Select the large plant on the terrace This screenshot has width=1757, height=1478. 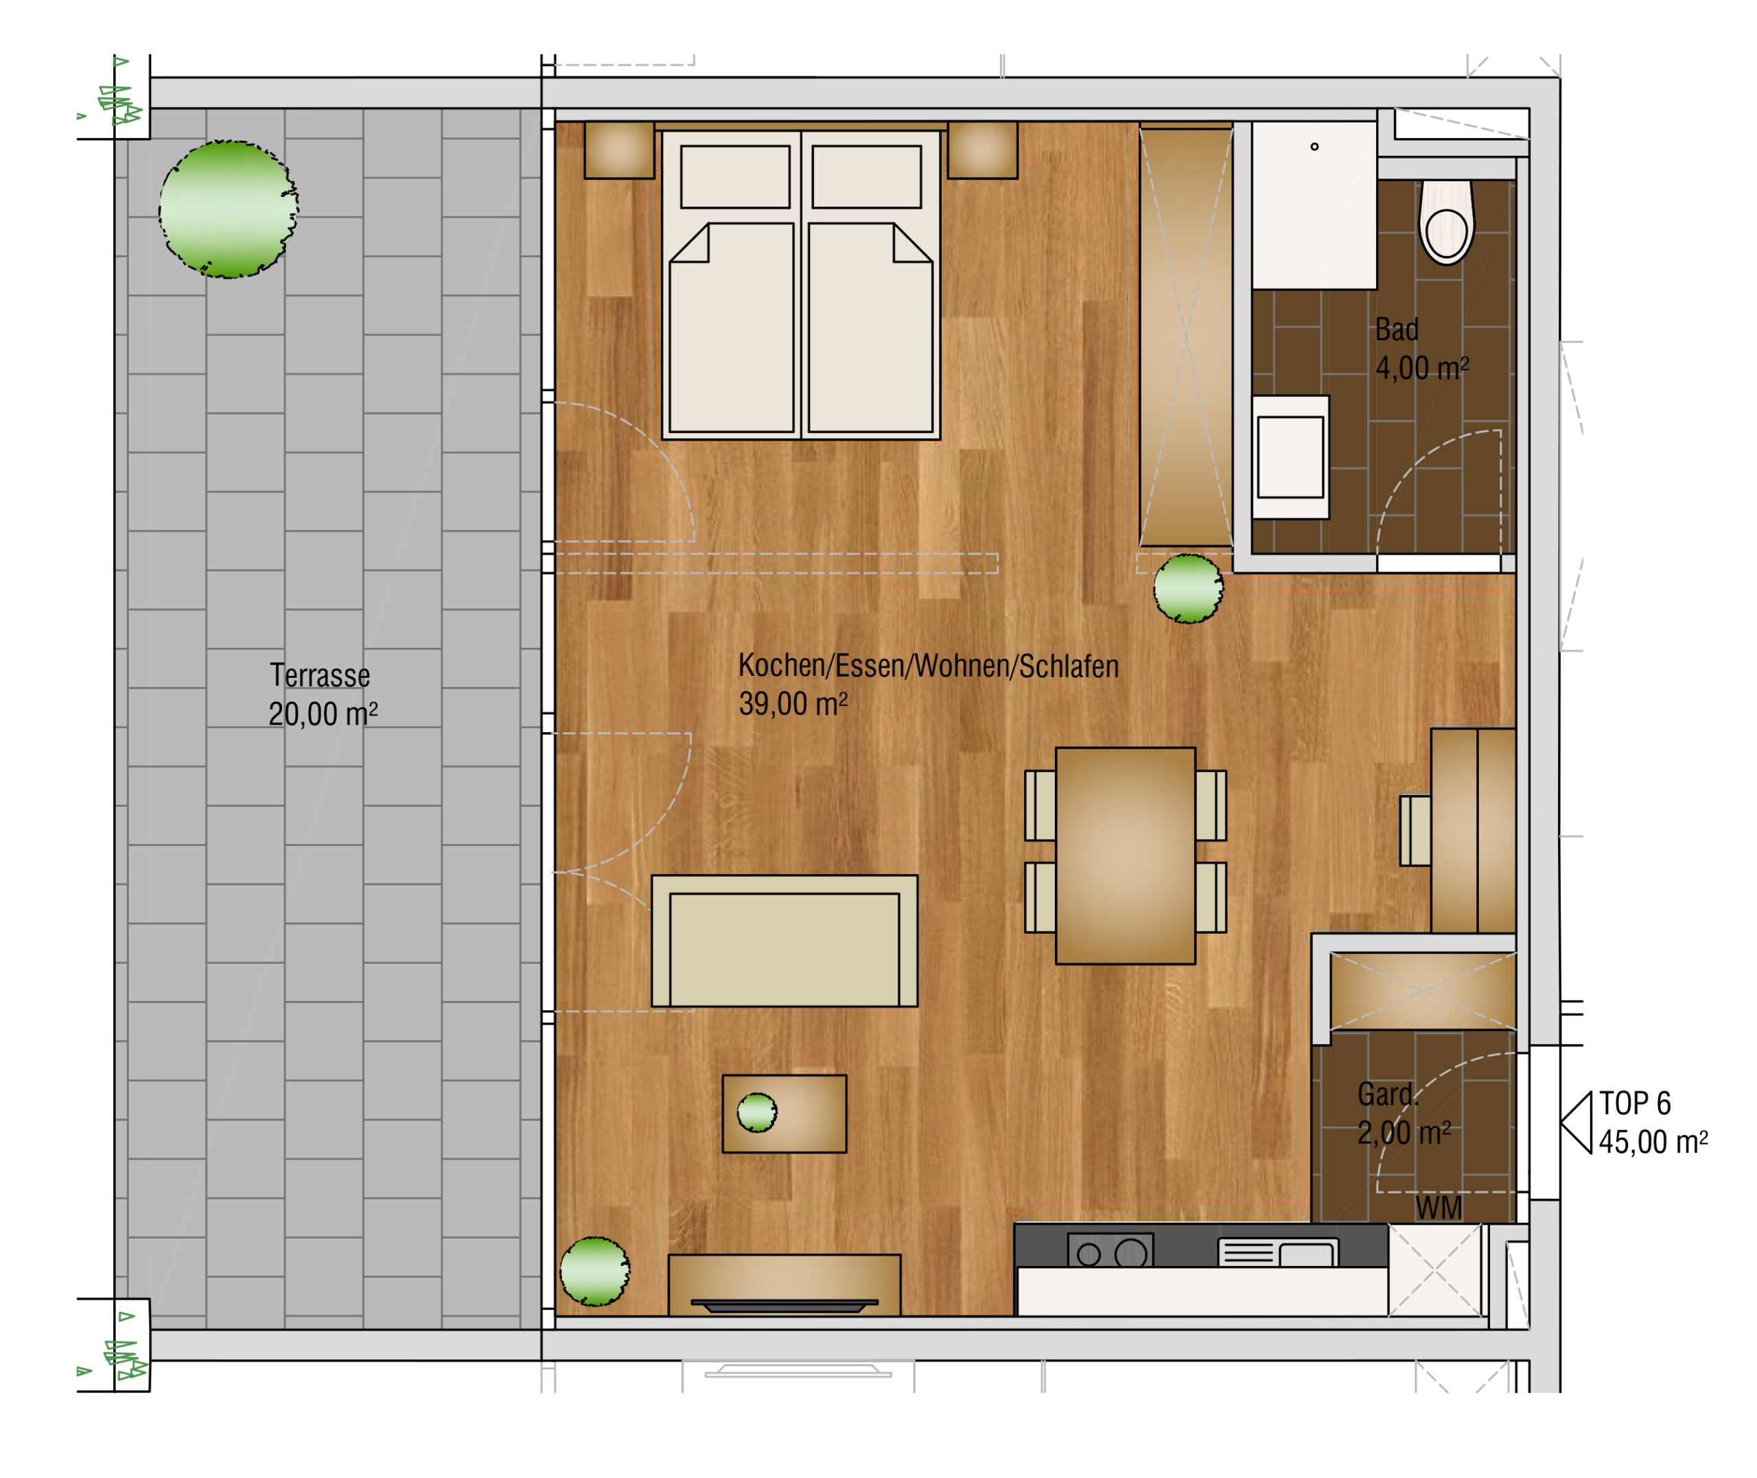tap(229, 209)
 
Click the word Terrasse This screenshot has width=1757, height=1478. tap(319, 675)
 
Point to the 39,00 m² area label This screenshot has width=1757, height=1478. tap(793, 704)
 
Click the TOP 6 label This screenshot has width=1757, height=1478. tap(1635, 1103)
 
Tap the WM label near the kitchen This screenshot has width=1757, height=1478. tap(1439, 1208)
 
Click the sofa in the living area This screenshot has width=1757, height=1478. tap(784, 941)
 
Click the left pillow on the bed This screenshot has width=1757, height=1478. tap(735, 177)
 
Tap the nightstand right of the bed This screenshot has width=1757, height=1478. tap(982, 150)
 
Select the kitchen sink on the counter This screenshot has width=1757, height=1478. tap(1278, 1253)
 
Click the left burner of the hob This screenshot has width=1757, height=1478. tap(1089, 1254)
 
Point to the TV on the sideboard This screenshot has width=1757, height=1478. tap(784, 1305)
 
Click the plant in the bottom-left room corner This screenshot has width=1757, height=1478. tap(595, 1271)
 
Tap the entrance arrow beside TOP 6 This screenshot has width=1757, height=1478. tap(1576, 1123)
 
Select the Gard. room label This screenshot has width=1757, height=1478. tap(1386, 1094)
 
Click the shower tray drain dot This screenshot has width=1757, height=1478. tap(1314, 147)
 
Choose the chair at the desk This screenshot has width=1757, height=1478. tap(1415, 830)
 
